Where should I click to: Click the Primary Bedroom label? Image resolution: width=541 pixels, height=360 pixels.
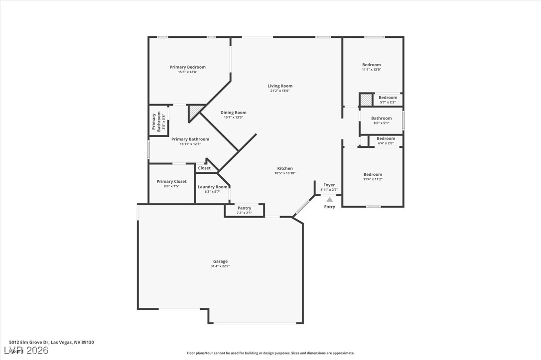click(x=187, y=67)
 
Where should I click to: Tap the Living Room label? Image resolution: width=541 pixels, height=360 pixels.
click(x=280, y=86)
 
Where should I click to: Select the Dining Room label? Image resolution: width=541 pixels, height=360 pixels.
click(x=233, y=113)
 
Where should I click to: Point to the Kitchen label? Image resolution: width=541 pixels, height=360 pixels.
click(x=285, y=168)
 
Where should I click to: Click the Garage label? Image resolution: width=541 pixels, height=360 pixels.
click(x=220, y=261)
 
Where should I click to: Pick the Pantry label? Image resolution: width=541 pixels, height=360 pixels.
click(x=244, y=208)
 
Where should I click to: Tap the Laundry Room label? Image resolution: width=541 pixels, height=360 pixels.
click(x=212, y=187)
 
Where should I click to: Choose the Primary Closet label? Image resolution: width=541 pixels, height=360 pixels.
click(x=171, y=181)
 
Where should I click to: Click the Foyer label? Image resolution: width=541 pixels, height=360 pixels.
click(x=329, y=185)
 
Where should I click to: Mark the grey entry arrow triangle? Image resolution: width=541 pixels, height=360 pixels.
click(x=329, y=199)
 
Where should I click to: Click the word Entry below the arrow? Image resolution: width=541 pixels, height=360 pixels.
click(x=330, y=207)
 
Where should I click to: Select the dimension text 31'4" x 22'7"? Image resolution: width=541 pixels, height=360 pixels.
click(x=220, y=266)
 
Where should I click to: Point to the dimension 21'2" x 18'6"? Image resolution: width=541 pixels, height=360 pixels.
click(x=280, y=91)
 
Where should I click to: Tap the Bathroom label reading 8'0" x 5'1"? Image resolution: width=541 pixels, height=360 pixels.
click(x=381, y=119)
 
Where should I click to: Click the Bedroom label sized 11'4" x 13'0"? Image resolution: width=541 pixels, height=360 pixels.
click(x=372, y=65)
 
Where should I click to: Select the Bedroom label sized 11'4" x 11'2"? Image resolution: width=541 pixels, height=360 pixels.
click(x=373, y=174)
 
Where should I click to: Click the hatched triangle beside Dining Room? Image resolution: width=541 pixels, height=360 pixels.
click(x=195, y=112)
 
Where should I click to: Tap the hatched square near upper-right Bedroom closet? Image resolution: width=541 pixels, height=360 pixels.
click(x=366, y=100)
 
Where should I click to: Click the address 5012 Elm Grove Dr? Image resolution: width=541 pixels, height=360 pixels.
click(x=52, y=342)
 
